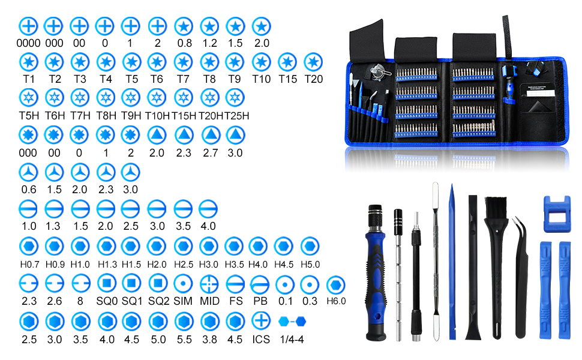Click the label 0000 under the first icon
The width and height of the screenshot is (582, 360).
tap(29, 43)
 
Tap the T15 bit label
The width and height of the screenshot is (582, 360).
tap(287, 79)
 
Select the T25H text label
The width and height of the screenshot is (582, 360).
tap(236, 115)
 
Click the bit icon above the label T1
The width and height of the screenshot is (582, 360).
tap(29, 62)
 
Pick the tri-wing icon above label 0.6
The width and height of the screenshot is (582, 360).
tap(29, 172)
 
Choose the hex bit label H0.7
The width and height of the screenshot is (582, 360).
tap(29, 264)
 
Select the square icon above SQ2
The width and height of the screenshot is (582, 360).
tap(157, 282)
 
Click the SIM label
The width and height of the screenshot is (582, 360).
tap(183, 301)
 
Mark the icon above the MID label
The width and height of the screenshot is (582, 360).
tap(209, 282)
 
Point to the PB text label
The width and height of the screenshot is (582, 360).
tap(260, 301)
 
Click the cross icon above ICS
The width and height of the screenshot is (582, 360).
tap(260, 320)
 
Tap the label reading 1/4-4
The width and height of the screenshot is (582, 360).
tap(292, 339)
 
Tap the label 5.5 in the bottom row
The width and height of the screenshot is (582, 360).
tap(183, 339)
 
